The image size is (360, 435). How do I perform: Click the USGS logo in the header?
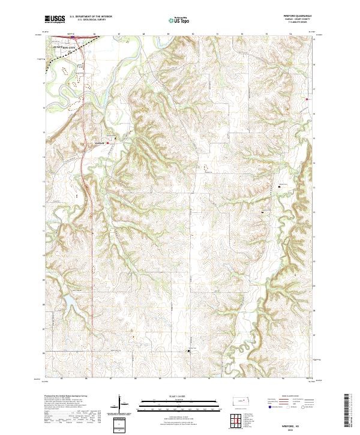[55, 20]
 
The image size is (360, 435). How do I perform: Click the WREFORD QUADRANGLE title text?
[302, 16]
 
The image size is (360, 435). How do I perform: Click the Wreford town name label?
[100, 143]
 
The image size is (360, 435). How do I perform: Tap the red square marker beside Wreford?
[108, 143]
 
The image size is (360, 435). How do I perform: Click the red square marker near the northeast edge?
[307, 99]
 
